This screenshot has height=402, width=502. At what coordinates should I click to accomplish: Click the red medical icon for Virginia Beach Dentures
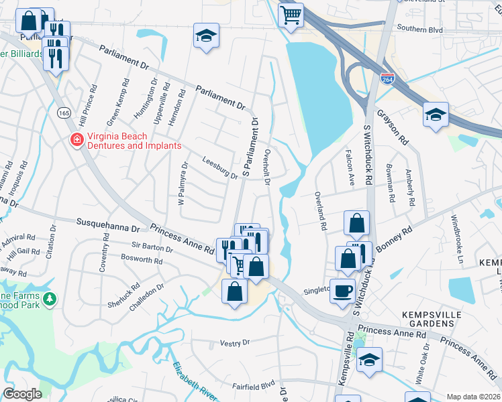tap(77, 140)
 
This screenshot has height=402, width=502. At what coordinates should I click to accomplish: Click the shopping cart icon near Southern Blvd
tap(291, 14)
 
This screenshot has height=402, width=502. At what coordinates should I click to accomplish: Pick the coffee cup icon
tap(342, 291)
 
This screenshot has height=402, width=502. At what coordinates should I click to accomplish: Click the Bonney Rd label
tap(397, 239)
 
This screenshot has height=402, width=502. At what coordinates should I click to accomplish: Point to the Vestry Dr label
tap(235, 342)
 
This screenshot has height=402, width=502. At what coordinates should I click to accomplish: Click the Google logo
tap(21, 393)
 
